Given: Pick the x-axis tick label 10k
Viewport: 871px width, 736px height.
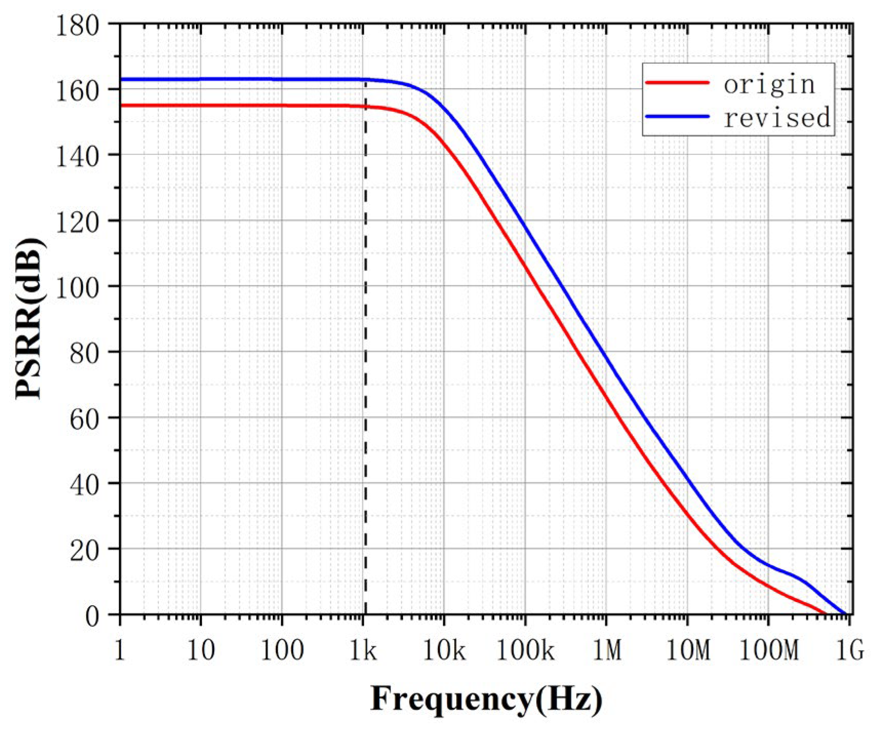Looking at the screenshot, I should [443, 651].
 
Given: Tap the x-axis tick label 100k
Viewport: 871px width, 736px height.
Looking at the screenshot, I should [525, 651].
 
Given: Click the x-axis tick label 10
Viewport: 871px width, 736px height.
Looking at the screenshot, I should [200, 651].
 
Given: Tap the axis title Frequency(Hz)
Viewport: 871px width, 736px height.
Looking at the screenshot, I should [486, 699].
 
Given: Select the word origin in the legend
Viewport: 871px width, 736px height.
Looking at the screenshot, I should [769, 84].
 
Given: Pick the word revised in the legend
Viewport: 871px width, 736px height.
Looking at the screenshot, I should [776, 118].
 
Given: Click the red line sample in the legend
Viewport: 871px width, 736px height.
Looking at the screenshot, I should [677, 82].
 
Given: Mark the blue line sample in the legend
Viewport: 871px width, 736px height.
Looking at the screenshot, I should [677, 117].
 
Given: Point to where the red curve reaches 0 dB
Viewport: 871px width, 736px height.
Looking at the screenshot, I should [825, 614].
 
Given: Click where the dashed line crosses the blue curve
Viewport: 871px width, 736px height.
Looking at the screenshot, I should [365, 80].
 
